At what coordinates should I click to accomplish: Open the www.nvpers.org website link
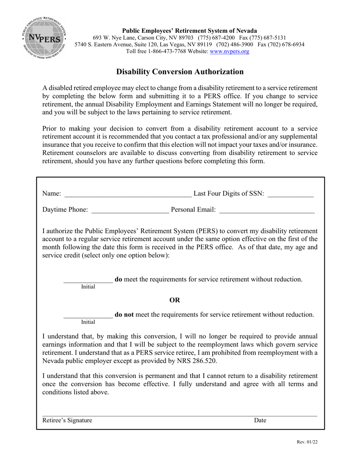tap(229, 52)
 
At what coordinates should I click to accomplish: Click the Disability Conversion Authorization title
tap(180, 72)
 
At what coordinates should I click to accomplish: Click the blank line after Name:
tap(128, 194)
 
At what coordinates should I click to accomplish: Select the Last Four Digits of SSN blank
tap(290, 194)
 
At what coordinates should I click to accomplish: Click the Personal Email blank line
tap(267, 210)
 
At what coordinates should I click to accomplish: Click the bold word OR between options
tap(175, 300)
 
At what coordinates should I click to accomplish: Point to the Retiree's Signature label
tap(67, 420)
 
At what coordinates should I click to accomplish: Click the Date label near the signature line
tap(260, 420)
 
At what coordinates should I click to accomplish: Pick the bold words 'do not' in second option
tap(124, 315)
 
